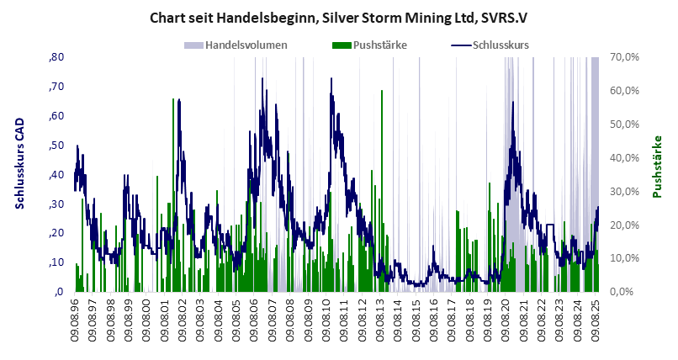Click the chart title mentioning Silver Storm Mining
point(338,16)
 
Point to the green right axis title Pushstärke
point(657,167)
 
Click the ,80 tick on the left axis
point(56,57)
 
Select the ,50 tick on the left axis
point(56,146)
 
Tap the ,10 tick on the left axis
point(56,262)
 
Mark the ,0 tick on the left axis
point(59,292)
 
